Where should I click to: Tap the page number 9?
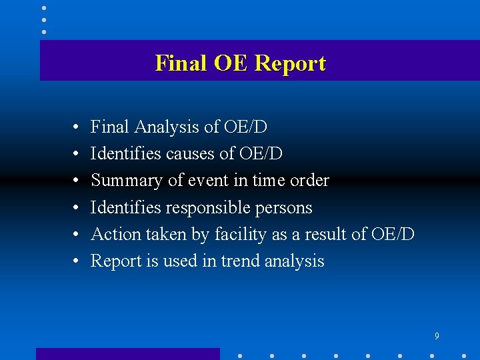tap(437, 337)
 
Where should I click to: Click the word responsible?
tap(208, 208)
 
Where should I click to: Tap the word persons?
tap(285, 208)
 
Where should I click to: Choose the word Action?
tap(111, 234)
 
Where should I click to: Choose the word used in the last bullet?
tap(177, 261)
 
